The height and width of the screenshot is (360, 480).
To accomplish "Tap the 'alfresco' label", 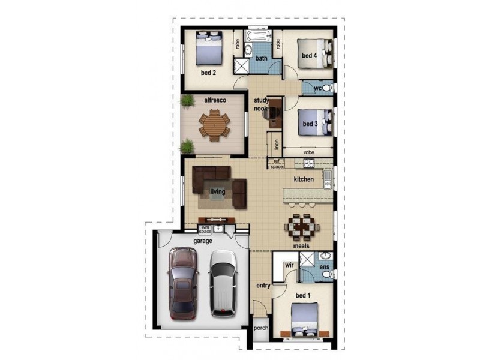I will tap(214, 100).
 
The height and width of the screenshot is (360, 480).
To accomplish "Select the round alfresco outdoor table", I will tap(214, 125).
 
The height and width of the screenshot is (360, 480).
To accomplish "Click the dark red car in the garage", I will tap(184, 283).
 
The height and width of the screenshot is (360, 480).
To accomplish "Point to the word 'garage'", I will tap(202, 241).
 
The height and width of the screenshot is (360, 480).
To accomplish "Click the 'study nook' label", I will tap(260, 104).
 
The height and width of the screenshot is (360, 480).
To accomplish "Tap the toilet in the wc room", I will tap(326, 88).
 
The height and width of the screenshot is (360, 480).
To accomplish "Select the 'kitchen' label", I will tap(304, 179).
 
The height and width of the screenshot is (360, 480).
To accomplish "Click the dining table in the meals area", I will tap(301, 227).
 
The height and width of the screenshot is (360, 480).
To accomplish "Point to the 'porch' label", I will tap(260, 328).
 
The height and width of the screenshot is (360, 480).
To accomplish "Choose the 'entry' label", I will tap(263, 286).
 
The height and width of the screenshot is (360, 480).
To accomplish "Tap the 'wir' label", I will tap(289, 264).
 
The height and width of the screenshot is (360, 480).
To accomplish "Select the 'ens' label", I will tap(324, 266).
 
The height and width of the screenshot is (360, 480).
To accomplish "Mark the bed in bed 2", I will tap(209, 48).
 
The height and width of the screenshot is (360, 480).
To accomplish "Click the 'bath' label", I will tap(261, 58).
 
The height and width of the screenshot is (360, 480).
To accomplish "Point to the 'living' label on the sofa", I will tap(217, 192).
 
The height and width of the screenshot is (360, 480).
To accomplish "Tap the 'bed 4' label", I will tap(308, 56).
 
